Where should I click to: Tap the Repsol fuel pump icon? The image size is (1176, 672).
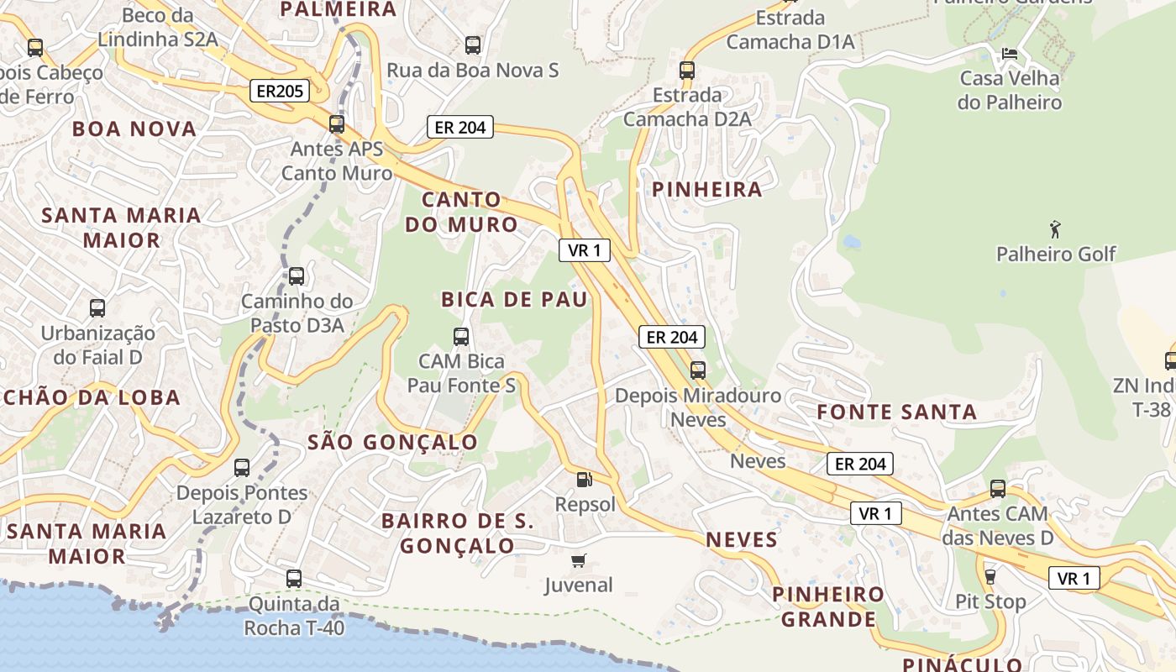click(x=584, y=480)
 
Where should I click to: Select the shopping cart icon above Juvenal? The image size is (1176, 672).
click(x=578, y=560)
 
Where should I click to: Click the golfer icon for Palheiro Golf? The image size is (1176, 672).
click(x=1055, y=228)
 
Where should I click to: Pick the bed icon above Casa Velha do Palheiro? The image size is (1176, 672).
click(x=1010, y=54)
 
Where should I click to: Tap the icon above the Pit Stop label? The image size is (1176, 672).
click(x=990, y=576)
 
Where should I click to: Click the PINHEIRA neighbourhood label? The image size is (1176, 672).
click(x=707, y=190)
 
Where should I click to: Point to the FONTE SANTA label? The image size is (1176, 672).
click(x=897, y=412)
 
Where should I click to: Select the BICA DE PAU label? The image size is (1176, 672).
click(x=514, y=300)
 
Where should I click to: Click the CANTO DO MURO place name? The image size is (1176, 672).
click(x=461, y=213)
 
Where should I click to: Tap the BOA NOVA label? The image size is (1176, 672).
click(x=134, y=129)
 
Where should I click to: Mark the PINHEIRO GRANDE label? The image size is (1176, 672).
click(x=828, y=607)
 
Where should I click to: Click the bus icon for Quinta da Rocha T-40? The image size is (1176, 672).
click(x=293, y=578)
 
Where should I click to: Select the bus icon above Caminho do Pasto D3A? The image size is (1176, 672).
click(x=296, y=276)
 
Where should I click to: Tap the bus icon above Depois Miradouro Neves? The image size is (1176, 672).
click(x=697, y=370)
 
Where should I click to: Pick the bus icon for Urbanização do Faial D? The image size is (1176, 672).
click(x=97, y=308)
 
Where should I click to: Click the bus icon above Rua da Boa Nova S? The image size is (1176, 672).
click(x=472, y=45)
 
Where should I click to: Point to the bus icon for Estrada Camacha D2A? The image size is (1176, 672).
click(x=687, y=70)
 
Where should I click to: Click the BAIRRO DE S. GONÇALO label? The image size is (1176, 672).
click(x=458, y=533)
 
